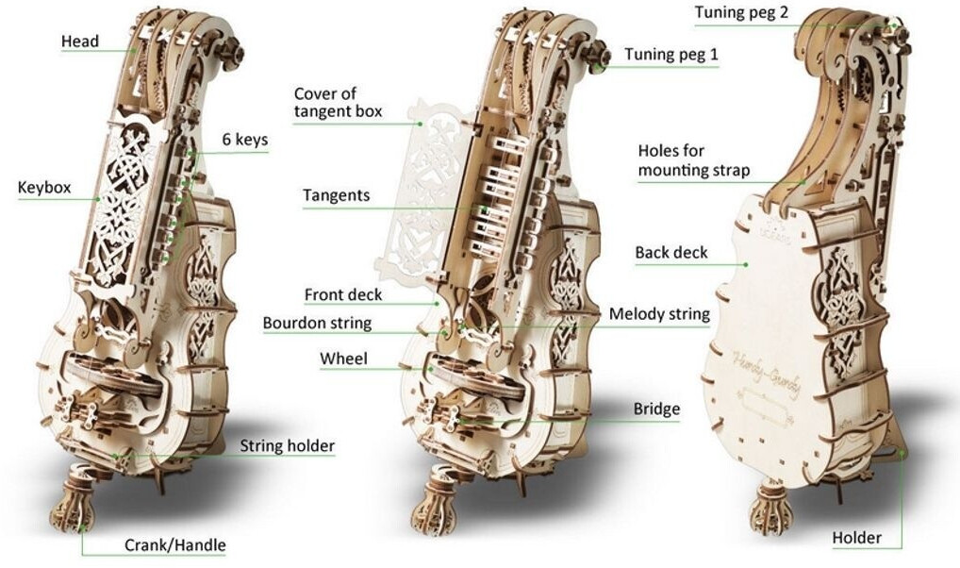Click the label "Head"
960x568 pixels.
point(79,42)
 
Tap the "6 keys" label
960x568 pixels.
point(245,141)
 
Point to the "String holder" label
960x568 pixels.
point(287,445)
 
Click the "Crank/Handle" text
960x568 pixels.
point(175,545)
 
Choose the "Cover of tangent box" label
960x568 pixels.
point(338,103)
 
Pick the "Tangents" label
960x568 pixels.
point(336,196)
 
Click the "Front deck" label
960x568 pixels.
point(343,294)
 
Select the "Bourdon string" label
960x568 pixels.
point(317,324)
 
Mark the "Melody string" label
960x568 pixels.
point(659,314)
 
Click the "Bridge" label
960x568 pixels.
point(657,409)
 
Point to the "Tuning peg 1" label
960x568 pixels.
point(671,55)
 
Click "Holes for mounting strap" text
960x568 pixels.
point(694,160)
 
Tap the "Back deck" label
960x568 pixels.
point(670,253)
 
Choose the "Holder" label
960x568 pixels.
point(856,538)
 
